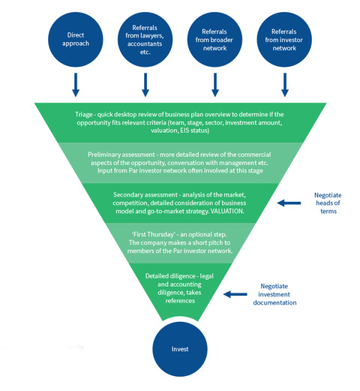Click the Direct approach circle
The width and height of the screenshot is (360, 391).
pyautogui.click(x=76, y=40)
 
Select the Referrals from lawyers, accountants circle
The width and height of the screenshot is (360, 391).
pyautogui.click(x=145, y=40)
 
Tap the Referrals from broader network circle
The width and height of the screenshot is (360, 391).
pyautogui.click(x=214, y=40)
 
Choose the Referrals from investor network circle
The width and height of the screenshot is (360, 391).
pyautogui.click(x=284, y=40)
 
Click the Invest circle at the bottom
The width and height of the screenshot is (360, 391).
pyautogui.click(x=180, y=349)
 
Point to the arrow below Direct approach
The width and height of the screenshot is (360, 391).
pyautogui.click(x=76, y=85)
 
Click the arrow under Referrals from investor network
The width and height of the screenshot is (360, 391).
pyautogui.click(x=285, y=85)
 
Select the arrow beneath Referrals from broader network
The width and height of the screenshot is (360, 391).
pyautogui.click(x=215, y=85)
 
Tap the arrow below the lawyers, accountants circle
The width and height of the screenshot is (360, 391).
pyautogui.click(x=145, y=85)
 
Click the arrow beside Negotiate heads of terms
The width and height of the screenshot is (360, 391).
pyautogui.click(x=289, y=203)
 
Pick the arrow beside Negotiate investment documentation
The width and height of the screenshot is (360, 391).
pyautogui.click(x=235, y=294)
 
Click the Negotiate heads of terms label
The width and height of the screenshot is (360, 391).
pyautogui.click(x=328, y=203)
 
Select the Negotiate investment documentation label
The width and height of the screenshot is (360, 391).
pyautogui.click(x=274, y=294)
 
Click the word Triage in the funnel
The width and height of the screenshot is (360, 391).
pyautogui.click(x=84, y=115)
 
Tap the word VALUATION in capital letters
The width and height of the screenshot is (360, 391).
pyautogui.click(x=227, y=211)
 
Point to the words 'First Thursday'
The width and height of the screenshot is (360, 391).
pyautogui.click(x=154, y=234)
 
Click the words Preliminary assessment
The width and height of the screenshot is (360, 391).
pyautogui.click(x=121, y=155)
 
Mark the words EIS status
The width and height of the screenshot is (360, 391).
pyautogui.click(x=194, y=131)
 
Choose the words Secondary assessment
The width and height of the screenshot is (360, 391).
pyautogui.click(x=145, y=195)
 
